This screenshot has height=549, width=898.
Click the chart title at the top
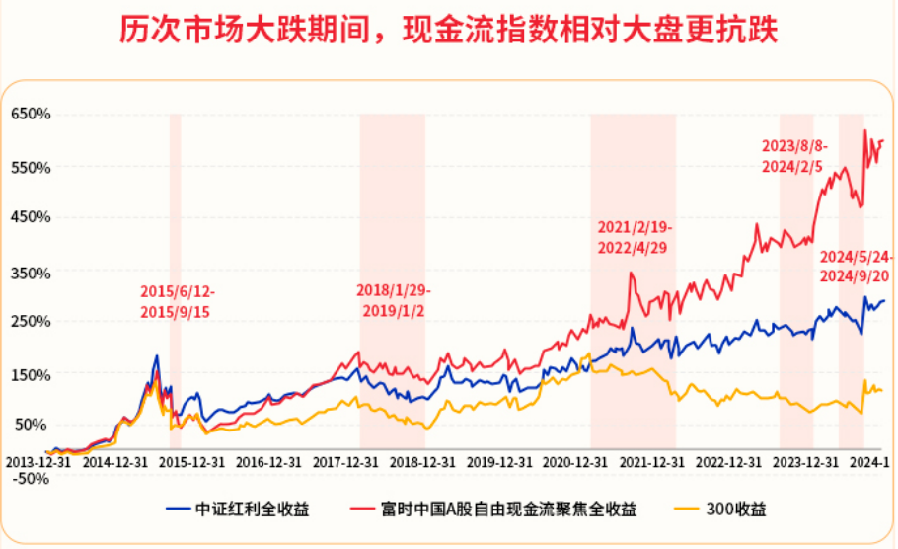coord(449,30)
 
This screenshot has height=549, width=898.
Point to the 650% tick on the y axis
coord(30,115)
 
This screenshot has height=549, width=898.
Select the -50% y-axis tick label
coord(30,478)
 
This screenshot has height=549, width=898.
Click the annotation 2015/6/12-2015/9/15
coord(176,301)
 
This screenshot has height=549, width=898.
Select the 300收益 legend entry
coord(735,510)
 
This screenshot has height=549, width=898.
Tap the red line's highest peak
coord(864,130)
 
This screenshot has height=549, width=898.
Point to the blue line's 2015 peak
coord(156,356)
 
